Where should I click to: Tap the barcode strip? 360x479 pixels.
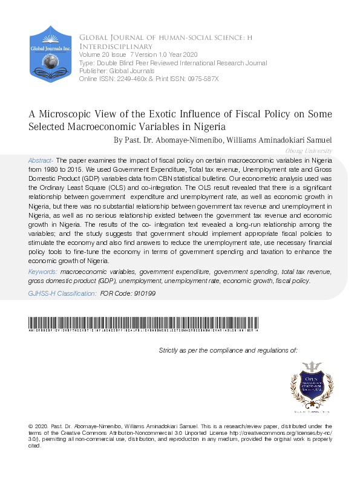(144, 322)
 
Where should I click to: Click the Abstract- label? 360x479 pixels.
(41, 160)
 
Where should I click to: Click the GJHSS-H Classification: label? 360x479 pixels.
(62, 293)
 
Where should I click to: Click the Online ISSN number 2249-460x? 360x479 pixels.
(131, 79)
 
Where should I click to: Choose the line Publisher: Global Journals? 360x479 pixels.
(112, 70)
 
